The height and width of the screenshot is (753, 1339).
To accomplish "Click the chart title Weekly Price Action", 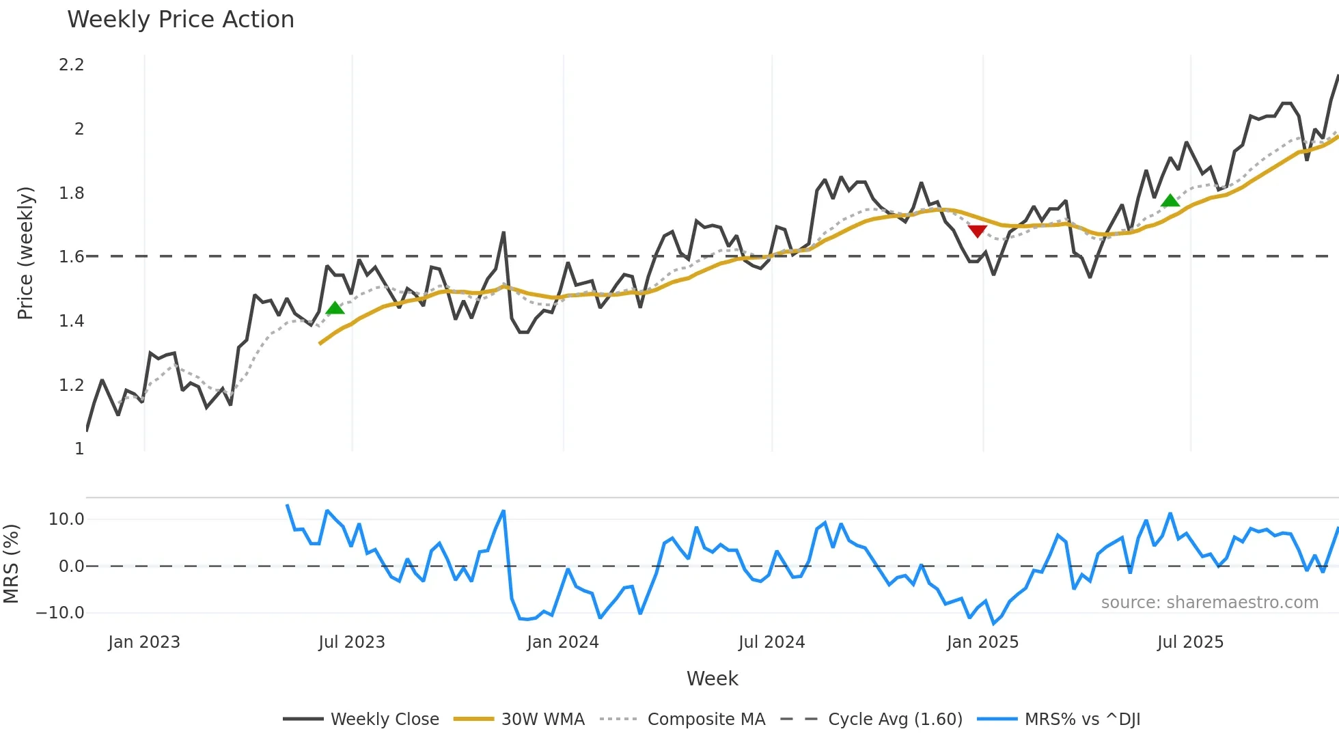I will tap(180, 20).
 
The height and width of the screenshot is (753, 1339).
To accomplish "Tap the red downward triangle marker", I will tap(978, 231).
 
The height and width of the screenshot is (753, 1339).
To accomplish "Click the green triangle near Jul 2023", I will tap(335, 308).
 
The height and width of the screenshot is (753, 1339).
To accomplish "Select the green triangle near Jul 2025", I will tap(1170, 200).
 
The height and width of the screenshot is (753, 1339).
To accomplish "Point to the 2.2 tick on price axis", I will tap(71, 65).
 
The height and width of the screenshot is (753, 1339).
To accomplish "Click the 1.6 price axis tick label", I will tap(71, 257).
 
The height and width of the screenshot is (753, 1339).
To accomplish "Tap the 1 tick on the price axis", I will tap(79, 449).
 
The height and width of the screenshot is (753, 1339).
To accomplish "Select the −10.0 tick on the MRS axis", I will tap(60, 613).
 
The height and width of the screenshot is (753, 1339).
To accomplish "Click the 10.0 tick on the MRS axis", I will tap(66, 519).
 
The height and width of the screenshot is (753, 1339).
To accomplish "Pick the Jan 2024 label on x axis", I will tap(562, 642).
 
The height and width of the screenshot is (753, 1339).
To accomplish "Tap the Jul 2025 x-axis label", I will tap(1190, 642).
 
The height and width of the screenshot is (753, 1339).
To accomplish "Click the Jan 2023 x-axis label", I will tap(144, 642).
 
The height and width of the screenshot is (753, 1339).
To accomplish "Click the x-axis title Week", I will tap(712, 679).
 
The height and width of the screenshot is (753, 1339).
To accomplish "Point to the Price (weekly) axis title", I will tap(25, 253).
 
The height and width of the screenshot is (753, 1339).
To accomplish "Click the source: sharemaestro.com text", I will tap(1209, 603).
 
